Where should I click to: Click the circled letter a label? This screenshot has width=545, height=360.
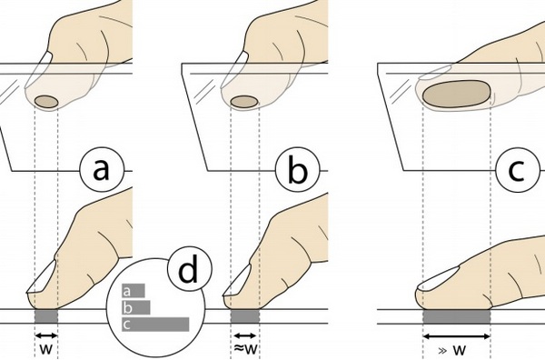pos(102,170)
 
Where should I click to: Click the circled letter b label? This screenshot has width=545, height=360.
pos(298,170)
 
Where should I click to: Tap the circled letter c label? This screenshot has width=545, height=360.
pos(517,170)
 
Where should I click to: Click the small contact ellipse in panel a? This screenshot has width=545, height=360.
pos(46,101)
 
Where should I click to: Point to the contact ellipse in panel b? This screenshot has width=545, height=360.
pos(244,102)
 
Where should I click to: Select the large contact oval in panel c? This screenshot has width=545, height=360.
pos(456,94)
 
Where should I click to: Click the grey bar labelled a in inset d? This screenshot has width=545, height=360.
pos(134,291)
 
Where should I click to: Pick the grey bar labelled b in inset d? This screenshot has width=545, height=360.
pos(136,307)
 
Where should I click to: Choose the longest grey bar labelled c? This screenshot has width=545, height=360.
pos(155,325)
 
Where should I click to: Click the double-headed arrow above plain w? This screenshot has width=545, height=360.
pos(46,335)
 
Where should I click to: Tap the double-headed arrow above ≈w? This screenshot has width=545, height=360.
pos(244,335)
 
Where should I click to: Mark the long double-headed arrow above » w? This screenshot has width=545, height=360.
pos(456,336)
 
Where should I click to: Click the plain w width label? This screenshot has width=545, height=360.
pos(46,349)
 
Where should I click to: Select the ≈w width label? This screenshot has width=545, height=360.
pos(245,348)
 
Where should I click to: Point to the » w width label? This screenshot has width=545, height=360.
pos(452,350)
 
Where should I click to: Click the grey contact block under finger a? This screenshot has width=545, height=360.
pos(46,316)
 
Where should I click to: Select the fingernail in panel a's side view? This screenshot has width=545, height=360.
pos(43,277)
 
